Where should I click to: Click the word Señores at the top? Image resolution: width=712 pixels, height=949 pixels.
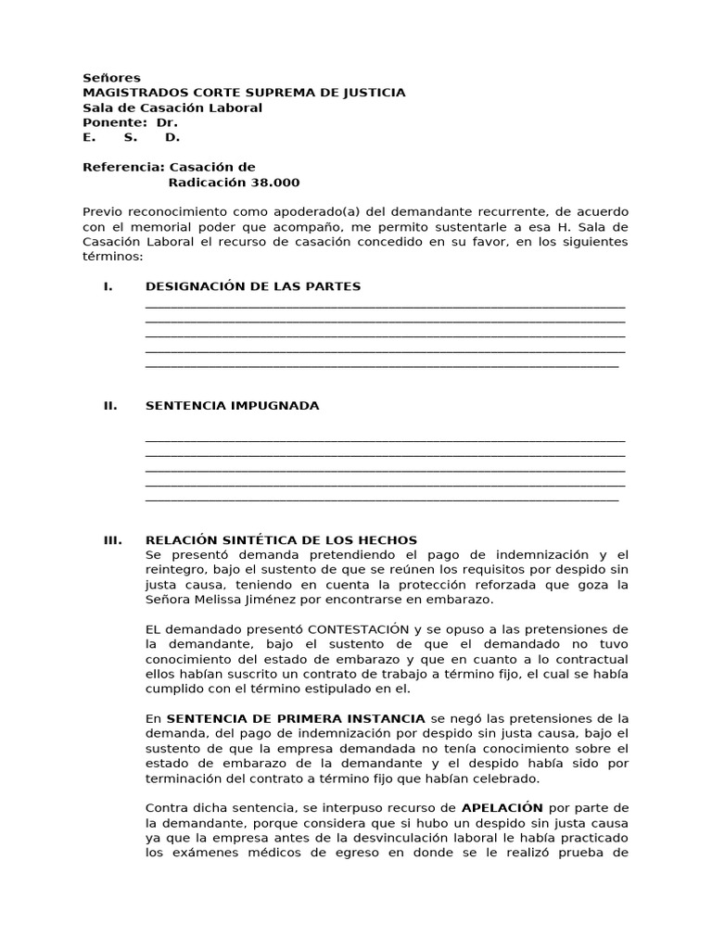(111, 78)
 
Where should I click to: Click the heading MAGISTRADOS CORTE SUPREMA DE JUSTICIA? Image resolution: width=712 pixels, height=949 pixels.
(244, 93)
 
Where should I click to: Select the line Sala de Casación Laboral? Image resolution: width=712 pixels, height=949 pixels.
(172, 108)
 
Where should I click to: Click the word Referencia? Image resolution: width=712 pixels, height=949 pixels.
(123, 168)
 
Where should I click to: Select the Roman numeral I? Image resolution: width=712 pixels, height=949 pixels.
(108, 286)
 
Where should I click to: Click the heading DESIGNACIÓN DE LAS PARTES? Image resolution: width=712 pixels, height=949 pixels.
(253, 286)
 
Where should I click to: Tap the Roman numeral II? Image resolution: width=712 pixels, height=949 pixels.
(109, 406)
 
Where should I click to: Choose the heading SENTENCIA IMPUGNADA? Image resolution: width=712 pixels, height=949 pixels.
(232, 406)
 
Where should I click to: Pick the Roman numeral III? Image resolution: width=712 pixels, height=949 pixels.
(112, 540)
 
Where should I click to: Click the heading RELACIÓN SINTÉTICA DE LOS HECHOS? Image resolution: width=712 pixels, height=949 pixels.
(281, 540)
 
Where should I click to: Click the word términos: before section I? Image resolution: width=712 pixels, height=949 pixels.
(113, 257)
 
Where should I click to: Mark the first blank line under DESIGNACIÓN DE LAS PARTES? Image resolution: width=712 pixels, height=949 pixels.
(385, 305)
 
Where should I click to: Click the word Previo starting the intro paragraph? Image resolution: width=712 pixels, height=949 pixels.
(103, 212)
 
